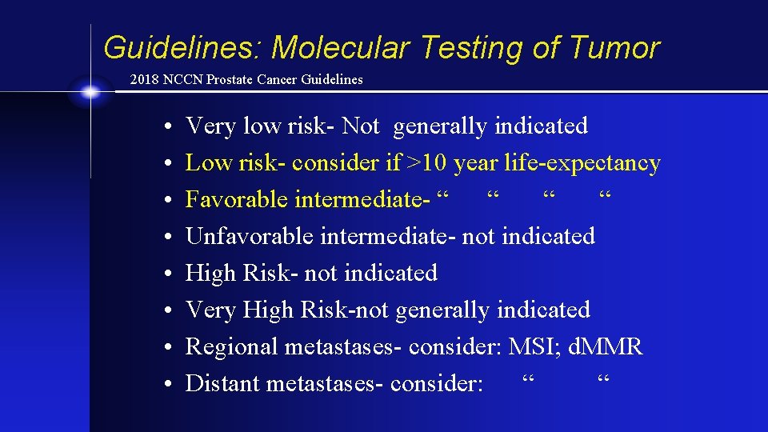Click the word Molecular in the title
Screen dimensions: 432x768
[x=341, y=48]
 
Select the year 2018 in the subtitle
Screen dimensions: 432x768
[x=144, y=80]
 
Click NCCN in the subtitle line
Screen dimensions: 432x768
[x=181, y=80]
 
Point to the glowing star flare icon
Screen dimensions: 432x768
[x=90, y=93]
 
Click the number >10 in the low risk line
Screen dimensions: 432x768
[x=428, y=163]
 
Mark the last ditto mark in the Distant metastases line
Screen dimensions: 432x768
[x=604, y=378]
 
